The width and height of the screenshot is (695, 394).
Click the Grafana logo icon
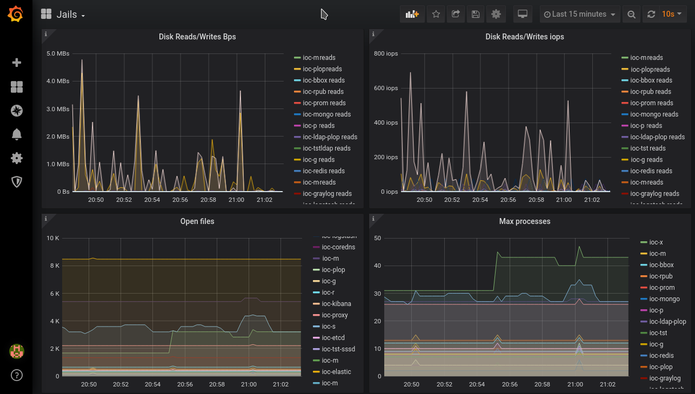click(x=16, y=14)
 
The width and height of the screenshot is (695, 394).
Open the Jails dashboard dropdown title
click(x=63, y=15)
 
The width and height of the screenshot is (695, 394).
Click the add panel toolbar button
click(x=412, y=14)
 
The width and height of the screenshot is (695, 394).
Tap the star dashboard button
click(x=436, y=14)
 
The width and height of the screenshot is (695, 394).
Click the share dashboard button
click(x=456, y=14)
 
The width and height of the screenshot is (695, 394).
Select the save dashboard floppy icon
click(x=476, y=14)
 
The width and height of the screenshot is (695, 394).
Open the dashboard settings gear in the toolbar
click(x=496, y=14)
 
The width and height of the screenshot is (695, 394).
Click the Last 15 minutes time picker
click(x=579, y=14)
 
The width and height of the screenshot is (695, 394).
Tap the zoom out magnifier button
click(x=631, y=14)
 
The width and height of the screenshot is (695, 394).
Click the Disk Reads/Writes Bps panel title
click(x=197, y=37)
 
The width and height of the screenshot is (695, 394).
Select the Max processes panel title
click(x=525, y=221)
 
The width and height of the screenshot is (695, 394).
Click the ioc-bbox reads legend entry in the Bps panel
click(x=323, y=80)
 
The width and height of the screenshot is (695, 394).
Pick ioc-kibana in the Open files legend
click(x=336, y=304)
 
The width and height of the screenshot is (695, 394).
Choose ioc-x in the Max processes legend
click(x=656, y=242)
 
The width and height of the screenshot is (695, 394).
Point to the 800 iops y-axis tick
click(x=386, y=53)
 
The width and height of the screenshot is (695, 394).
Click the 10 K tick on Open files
click(x=53, y=238)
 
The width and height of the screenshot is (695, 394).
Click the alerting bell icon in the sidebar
click(x=16, y=134)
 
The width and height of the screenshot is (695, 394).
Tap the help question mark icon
click(x=16, y=375)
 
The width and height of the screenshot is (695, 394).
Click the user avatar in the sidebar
click(x=16, y=352)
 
